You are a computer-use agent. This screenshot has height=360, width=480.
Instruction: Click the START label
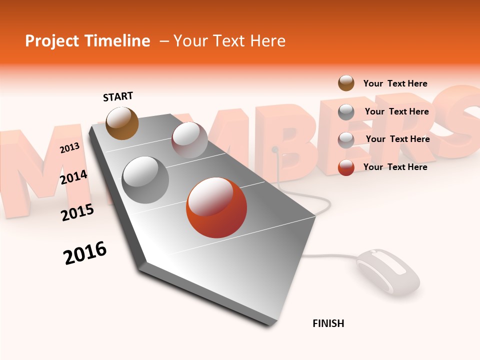[118, 96]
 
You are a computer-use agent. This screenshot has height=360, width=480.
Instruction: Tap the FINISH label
[328, 323]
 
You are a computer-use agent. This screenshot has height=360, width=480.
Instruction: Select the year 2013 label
[69, 147]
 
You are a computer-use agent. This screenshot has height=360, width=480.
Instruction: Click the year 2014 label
[73, 177]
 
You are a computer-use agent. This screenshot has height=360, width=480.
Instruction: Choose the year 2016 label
[85, 252]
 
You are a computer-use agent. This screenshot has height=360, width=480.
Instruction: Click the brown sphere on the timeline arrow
[122, 123]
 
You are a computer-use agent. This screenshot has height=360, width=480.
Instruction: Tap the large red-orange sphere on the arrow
[216, 207]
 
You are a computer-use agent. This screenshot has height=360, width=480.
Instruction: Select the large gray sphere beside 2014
[145, 180]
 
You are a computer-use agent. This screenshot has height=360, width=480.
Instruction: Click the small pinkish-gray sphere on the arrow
[189, 140]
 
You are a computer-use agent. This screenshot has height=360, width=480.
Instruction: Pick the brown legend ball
[346, 83]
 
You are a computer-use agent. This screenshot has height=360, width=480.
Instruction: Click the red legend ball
[346, 167]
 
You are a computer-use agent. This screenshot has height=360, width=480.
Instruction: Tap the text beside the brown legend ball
[395, 83]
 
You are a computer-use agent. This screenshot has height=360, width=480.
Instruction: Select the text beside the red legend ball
[395, 167]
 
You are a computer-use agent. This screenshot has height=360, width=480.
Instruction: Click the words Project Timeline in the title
[87, 41]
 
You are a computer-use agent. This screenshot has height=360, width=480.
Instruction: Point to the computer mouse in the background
[388, 272]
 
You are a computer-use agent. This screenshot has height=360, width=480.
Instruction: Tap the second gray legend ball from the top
[346, 139]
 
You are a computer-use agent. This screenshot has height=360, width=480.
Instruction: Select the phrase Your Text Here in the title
[229, 41]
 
